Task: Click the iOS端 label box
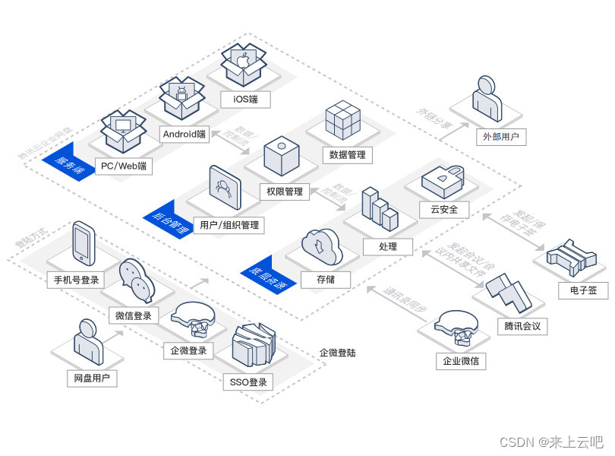246,99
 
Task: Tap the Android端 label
184,134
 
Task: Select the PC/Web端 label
123,166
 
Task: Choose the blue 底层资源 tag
266,277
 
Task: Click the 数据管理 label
348,155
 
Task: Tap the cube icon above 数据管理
343,120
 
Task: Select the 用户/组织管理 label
229,225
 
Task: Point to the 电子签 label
582,290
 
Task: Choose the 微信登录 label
134,315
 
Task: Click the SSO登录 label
248,382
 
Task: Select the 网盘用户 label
91,378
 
